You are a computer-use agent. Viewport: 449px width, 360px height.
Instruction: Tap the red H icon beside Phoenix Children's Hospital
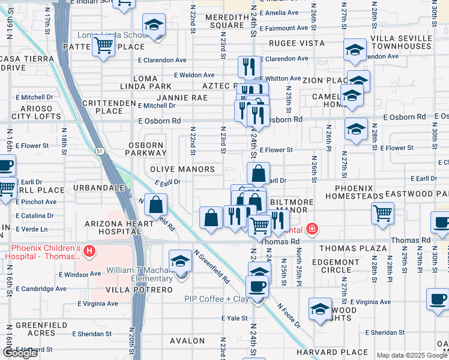tap(89, 251)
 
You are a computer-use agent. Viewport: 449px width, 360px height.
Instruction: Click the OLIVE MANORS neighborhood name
tap(182, 170)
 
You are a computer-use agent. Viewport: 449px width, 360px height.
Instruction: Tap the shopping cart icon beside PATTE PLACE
tap(104, 44)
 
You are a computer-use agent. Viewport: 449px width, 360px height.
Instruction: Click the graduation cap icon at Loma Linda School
tap(154, 26)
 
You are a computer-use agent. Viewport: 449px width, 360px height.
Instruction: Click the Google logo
tap(20, 353)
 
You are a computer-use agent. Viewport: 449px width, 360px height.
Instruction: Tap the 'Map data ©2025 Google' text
tap(412, 355)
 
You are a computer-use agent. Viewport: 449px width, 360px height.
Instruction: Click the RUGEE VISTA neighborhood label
tap(297, 44)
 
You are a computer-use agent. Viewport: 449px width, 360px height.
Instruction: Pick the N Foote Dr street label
tap(289, 314)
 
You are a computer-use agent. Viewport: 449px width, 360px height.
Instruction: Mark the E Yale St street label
tap(235, 318)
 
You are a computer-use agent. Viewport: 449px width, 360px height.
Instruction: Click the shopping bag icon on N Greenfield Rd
tap(155, 205)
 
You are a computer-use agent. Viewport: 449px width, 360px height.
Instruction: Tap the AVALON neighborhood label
tap(188, 341)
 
